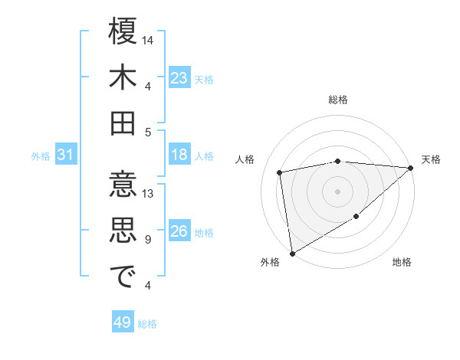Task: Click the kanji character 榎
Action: coord(123,33)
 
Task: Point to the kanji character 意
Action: coord(123,188)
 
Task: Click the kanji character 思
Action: coord(123,232)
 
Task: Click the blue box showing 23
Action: coord(179,77)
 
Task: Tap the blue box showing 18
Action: coord(179,155)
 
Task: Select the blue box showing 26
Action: coord(179,232)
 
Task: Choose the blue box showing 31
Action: coord(65,155)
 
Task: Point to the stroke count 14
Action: coord(149,39)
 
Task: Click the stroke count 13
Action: coord(149,194)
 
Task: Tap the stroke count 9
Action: coord(147,240)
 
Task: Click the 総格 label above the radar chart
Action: coord(338,100)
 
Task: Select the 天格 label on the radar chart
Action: coord(431,159)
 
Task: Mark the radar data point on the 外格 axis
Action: coord(292,253)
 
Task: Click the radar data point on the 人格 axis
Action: coord(280,172)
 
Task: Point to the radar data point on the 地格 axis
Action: coord(356,217)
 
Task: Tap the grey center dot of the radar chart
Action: coord(338,191)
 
